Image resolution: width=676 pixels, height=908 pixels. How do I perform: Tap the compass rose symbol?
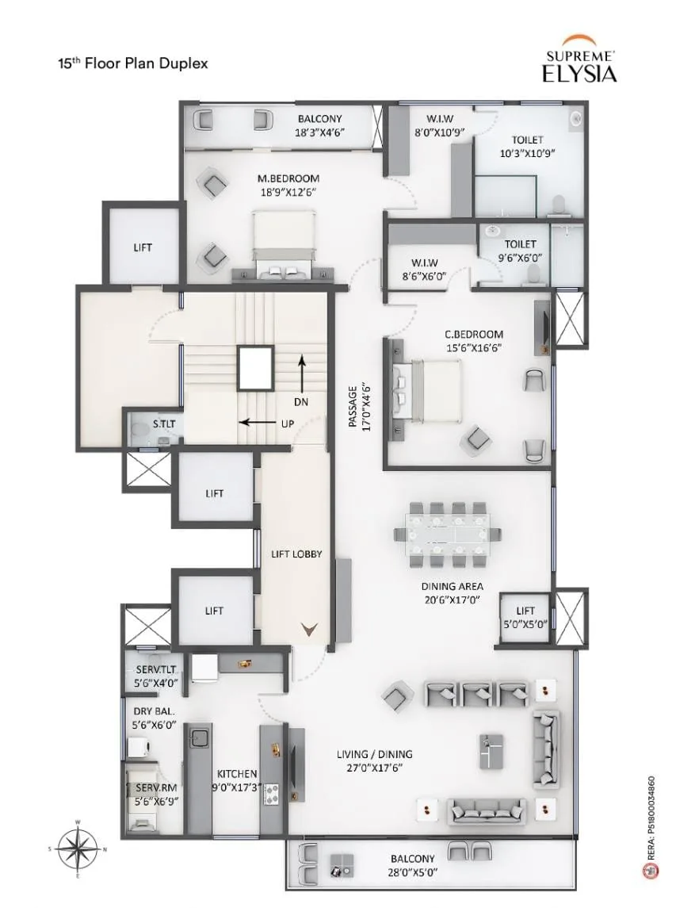pyautogui.click(x=78, y=850)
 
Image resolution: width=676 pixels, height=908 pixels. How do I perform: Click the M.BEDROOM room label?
pyautogui.click(x=288, y=178)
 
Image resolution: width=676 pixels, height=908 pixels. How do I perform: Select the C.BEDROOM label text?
pyautogui.click(x=473, y=334)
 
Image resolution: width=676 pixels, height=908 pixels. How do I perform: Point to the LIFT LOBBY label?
pyautogui.click(x=296, y=554)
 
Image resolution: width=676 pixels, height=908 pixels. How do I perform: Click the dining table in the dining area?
pyautogui.click(x=448, y=534)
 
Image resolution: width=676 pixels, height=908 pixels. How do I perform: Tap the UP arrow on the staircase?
pyautogui.click(x=258, y=422)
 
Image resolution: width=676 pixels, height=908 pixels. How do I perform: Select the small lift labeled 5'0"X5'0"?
pyautogui.click(x=525, y=618)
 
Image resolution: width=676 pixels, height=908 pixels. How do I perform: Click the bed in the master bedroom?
pyautogui.click(x=285, y=245)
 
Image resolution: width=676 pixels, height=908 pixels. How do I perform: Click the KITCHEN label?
pyautogui.click(x=237, y=774)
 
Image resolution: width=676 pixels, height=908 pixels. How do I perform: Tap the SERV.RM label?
pyautogui.click(x=156, y=787)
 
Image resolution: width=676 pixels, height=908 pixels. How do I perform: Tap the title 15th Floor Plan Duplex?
pyautogui.click(x=132, y=63)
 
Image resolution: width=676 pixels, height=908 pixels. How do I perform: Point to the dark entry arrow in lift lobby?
pyautogui.click(x=310, y=630)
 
